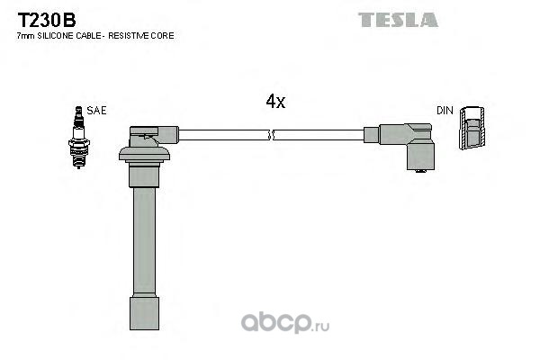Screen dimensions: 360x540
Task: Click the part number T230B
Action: click(43, 18)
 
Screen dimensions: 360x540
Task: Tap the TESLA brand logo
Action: click(398, 19)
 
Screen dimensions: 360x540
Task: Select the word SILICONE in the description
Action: click(54, 36)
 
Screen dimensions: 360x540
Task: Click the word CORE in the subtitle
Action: click(163, 36)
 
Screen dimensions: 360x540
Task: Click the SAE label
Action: click(97, 111)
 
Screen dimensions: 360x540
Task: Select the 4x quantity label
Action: click(275, 102)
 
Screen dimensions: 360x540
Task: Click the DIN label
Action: click(445, 111)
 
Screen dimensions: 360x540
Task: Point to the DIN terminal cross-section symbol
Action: click(472, 129)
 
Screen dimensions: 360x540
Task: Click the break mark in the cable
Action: click(271, 135)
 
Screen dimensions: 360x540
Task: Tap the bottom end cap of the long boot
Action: click(145, 316)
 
